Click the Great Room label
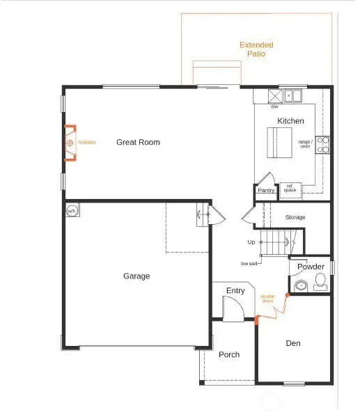click(138, 142)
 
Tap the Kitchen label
click(290, 121)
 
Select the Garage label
click(136, 276)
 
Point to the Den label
click(293, 343)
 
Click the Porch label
click(229, 355)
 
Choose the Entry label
click(235, 290)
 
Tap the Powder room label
click(311, 267)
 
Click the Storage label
click(295, 218)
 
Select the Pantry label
click(266, 190)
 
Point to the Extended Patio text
click(256, 49)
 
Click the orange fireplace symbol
click(70, 143)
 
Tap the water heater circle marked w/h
click(72, 210)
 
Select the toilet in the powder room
click(320, 282)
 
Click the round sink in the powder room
click(302, 285)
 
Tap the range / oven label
click(304, 143)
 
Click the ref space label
click(289, 188)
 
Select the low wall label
click(249, 264)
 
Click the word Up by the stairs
click(251, 242)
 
